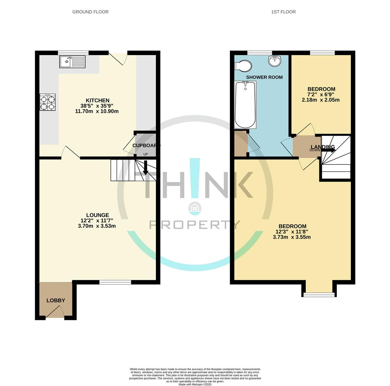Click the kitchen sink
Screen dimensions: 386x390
[x=72, y=62]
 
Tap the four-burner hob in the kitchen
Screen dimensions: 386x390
[x=47, y=102]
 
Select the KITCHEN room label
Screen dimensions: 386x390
[x=97, y=100]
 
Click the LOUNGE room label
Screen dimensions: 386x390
[x=97, y=215]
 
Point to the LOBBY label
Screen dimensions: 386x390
[x=56, y=300]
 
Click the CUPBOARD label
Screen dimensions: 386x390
[x=146, y=145]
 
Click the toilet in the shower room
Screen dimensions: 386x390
[x=243, y=66]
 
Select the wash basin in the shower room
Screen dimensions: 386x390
[x=275, y=61]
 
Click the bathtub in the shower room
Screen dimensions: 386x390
[x=245, y=105]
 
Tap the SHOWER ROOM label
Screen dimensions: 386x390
[x=264, y=77]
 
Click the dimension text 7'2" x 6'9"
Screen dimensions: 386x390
[x=320, y=95]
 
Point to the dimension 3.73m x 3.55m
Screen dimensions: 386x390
[x=292, y=237]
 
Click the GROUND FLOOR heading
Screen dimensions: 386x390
[x=90, y=12]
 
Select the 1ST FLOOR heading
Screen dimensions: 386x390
[x=283, y=12]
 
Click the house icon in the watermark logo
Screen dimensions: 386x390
[x=195, y=208]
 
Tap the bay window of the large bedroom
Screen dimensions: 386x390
[x=319, y=295]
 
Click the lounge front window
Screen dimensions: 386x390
[x=115, y=282]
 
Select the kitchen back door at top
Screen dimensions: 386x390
[x=118, y=58]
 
